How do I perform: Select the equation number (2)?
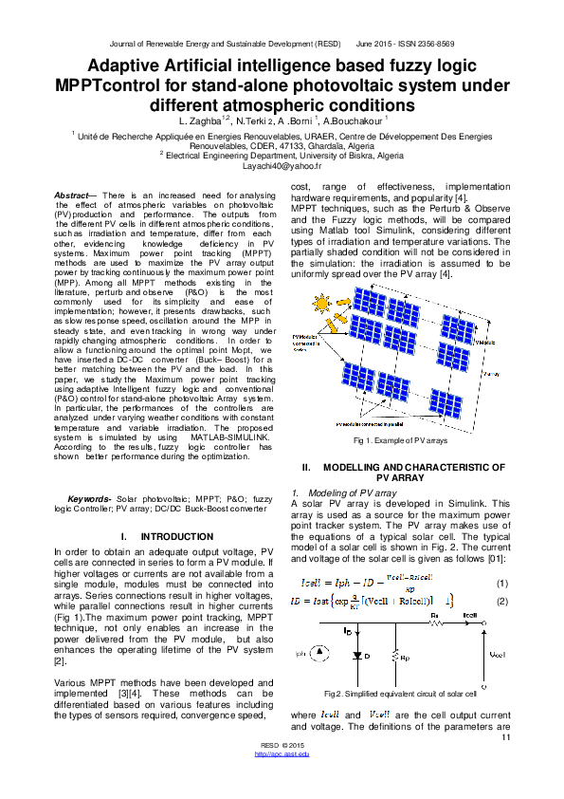click(x=501, y=600)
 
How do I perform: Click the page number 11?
click(x=506, y=737)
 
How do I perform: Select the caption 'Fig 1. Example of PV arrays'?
click(x=400, y=441)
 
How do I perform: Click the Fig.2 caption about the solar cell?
click(x=400, y=693)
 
